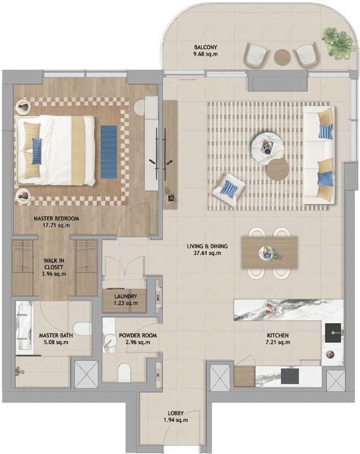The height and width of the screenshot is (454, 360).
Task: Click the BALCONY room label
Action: (x=206, y=47)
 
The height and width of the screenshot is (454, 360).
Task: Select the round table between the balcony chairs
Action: (x=282, y=57)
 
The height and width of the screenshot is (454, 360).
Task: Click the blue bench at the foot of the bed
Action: (x=109, y=152)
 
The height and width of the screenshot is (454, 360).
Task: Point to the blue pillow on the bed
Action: (x=37, y=151)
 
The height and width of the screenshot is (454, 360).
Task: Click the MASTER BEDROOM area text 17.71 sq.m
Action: (x=56, y=225)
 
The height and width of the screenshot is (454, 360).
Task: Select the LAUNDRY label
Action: (x=125, y=296)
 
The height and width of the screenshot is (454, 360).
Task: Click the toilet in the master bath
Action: (x=82, y=329)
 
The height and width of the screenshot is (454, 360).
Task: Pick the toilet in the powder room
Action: (x=125, y=372)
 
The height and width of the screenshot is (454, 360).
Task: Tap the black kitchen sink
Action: (x=333, y=333)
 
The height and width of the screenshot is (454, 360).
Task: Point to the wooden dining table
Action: (x=269, y=252)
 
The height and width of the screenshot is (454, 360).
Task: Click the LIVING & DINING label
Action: (x=207, y=246)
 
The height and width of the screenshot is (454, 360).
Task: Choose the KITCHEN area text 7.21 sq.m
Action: (x=278, y=342)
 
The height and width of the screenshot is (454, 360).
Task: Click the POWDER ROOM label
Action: (x=138, y=335)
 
